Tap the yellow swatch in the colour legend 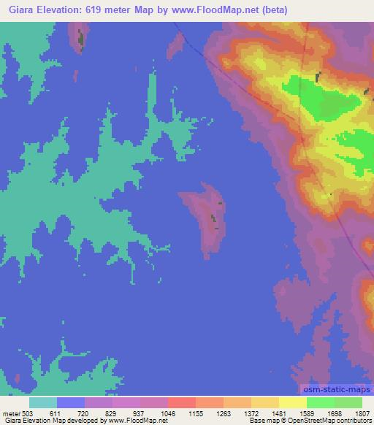(292, 402)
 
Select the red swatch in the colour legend (181, 402)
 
